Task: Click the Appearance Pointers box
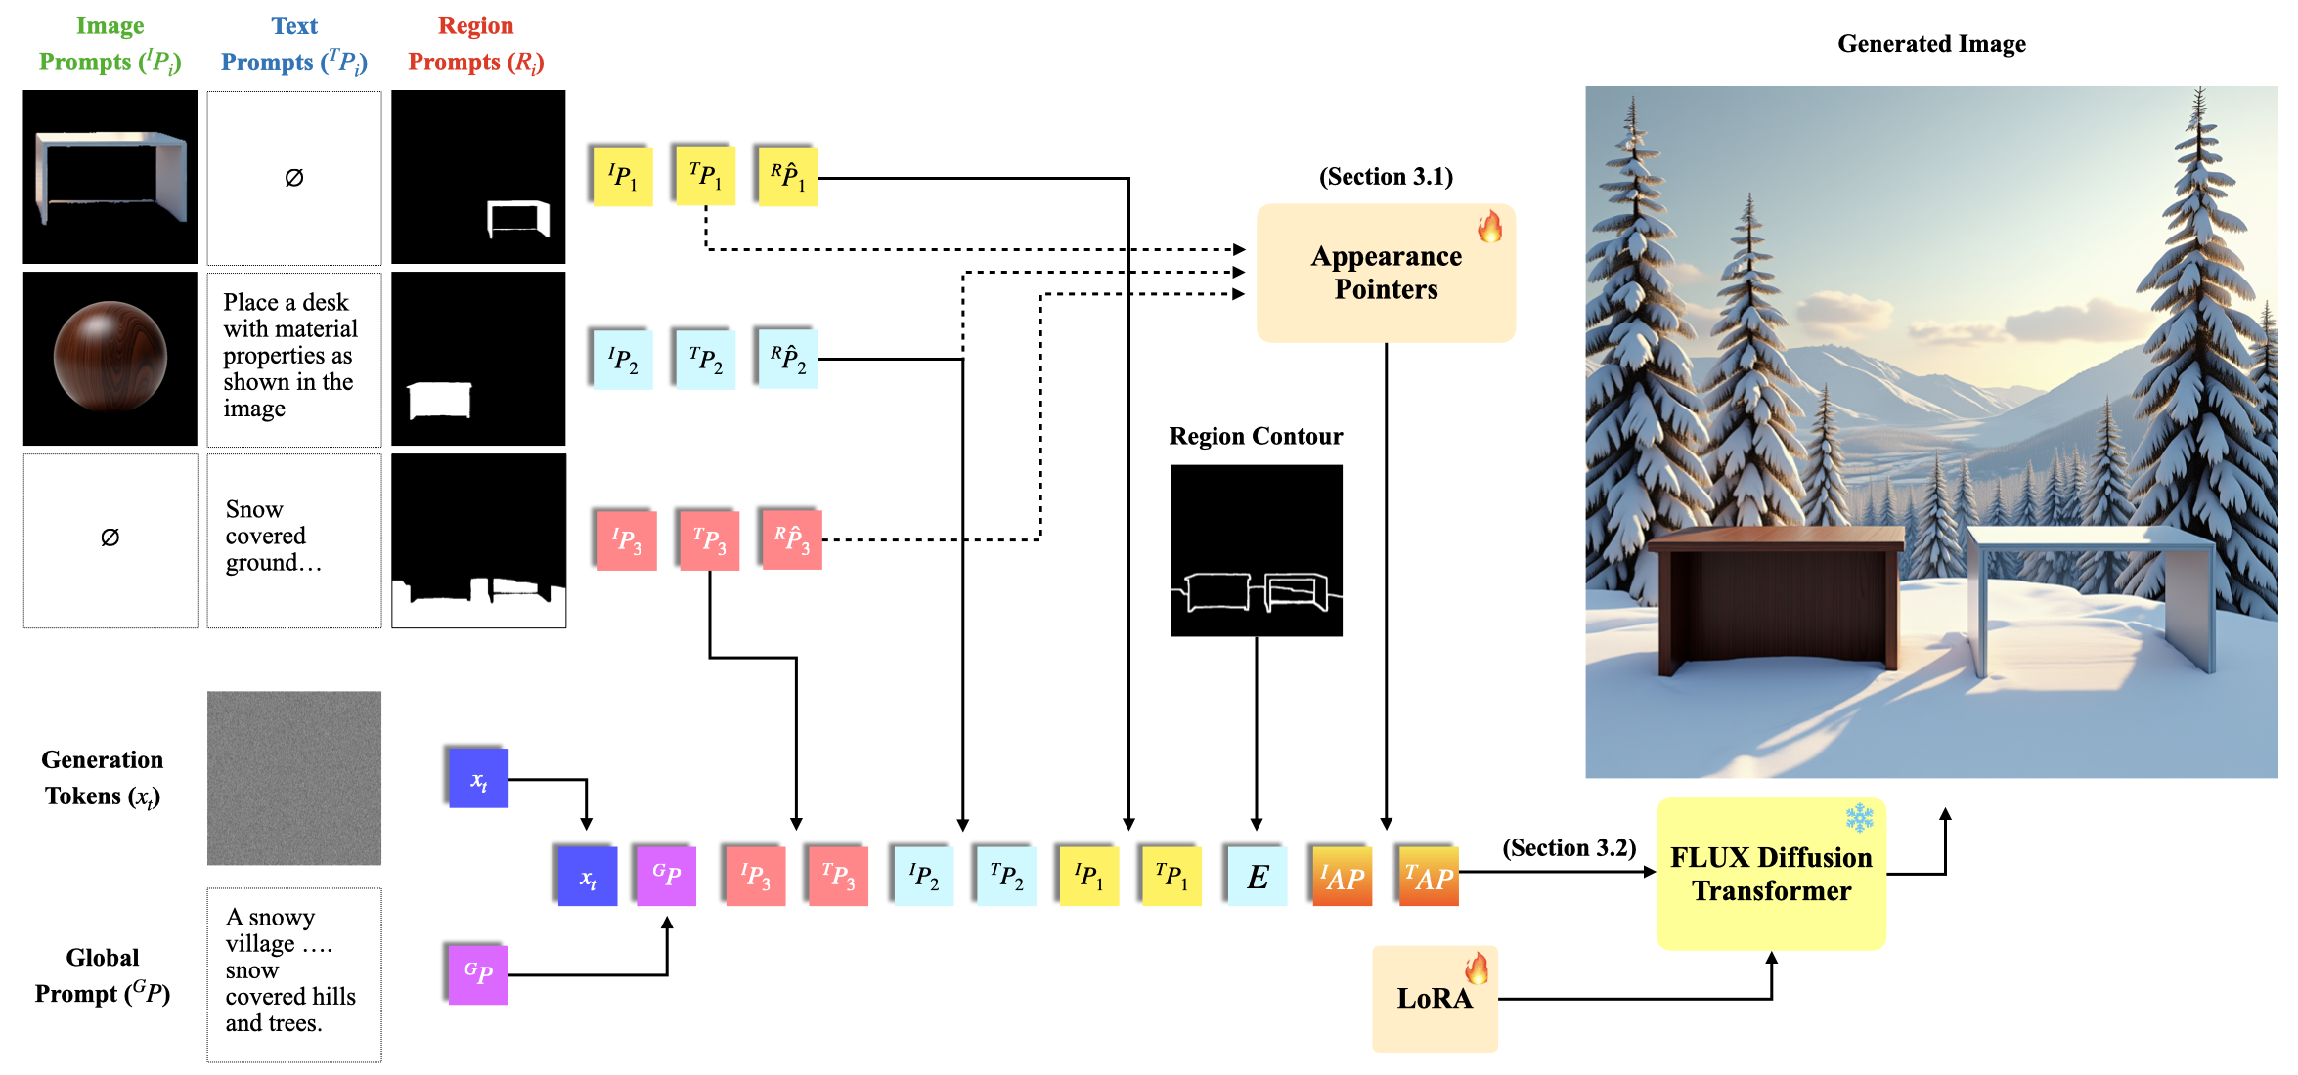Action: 1385,273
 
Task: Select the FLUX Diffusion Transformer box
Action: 1770,874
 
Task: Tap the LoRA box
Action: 1434,998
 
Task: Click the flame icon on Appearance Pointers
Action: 1489,227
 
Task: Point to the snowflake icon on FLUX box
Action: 1859,817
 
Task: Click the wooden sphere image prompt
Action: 110,358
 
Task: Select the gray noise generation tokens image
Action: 293,778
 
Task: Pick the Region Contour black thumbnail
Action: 1256,550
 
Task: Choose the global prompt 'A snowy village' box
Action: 293,973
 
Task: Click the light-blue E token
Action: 1257,877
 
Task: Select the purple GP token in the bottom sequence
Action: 666,875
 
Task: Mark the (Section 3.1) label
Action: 1386,177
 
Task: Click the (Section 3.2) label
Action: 1569,847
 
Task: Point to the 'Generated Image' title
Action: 1931,44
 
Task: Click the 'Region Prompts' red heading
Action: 475,44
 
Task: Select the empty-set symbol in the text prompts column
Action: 293,177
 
